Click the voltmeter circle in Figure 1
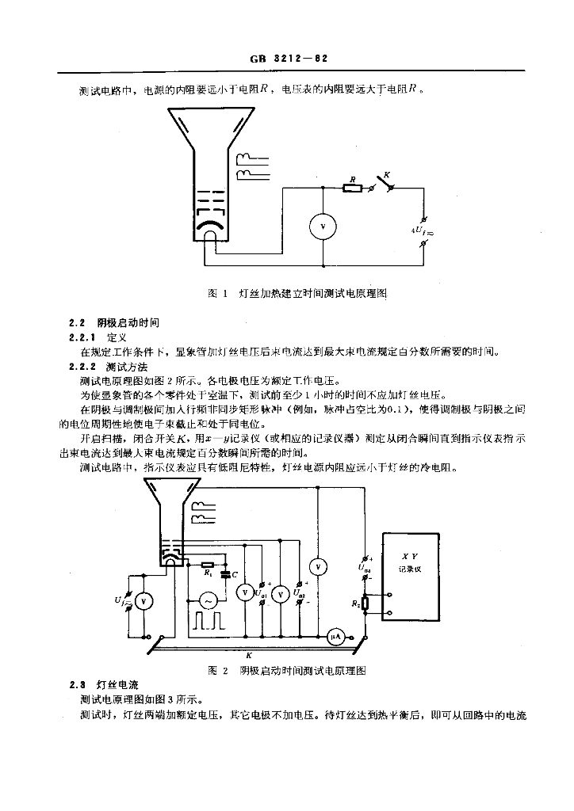[x=323, y=227]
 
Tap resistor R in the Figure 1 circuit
[x=352, y=188]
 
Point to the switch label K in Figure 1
[x=387, y=173]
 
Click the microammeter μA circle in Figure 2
[x=335, y=635]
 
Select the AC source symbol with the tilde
[x=207, y=600]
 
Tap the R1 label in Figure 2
[x=208, y=573]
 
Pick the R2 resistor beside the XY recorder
[x=365, y=605]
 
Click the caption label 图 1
[x=217, y=293]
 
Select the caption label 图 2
[x=217, y=670]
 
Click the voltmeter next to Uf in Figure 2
[x=143, y=602]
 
